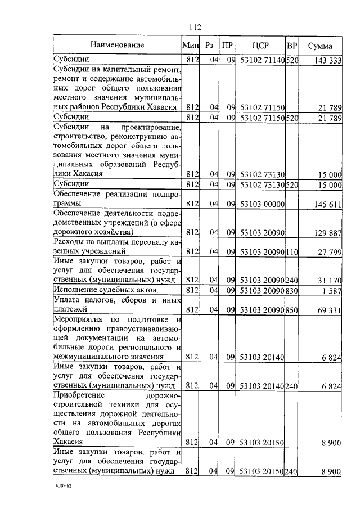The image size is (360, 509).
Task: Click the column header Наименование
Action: (118, 45)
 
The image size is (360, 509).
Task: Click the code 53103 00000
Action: (263, 204)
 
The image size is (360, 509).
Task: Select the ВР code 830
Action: (292, 290)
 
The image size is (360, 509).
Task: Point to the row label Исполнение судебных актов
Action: (105, 290)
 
